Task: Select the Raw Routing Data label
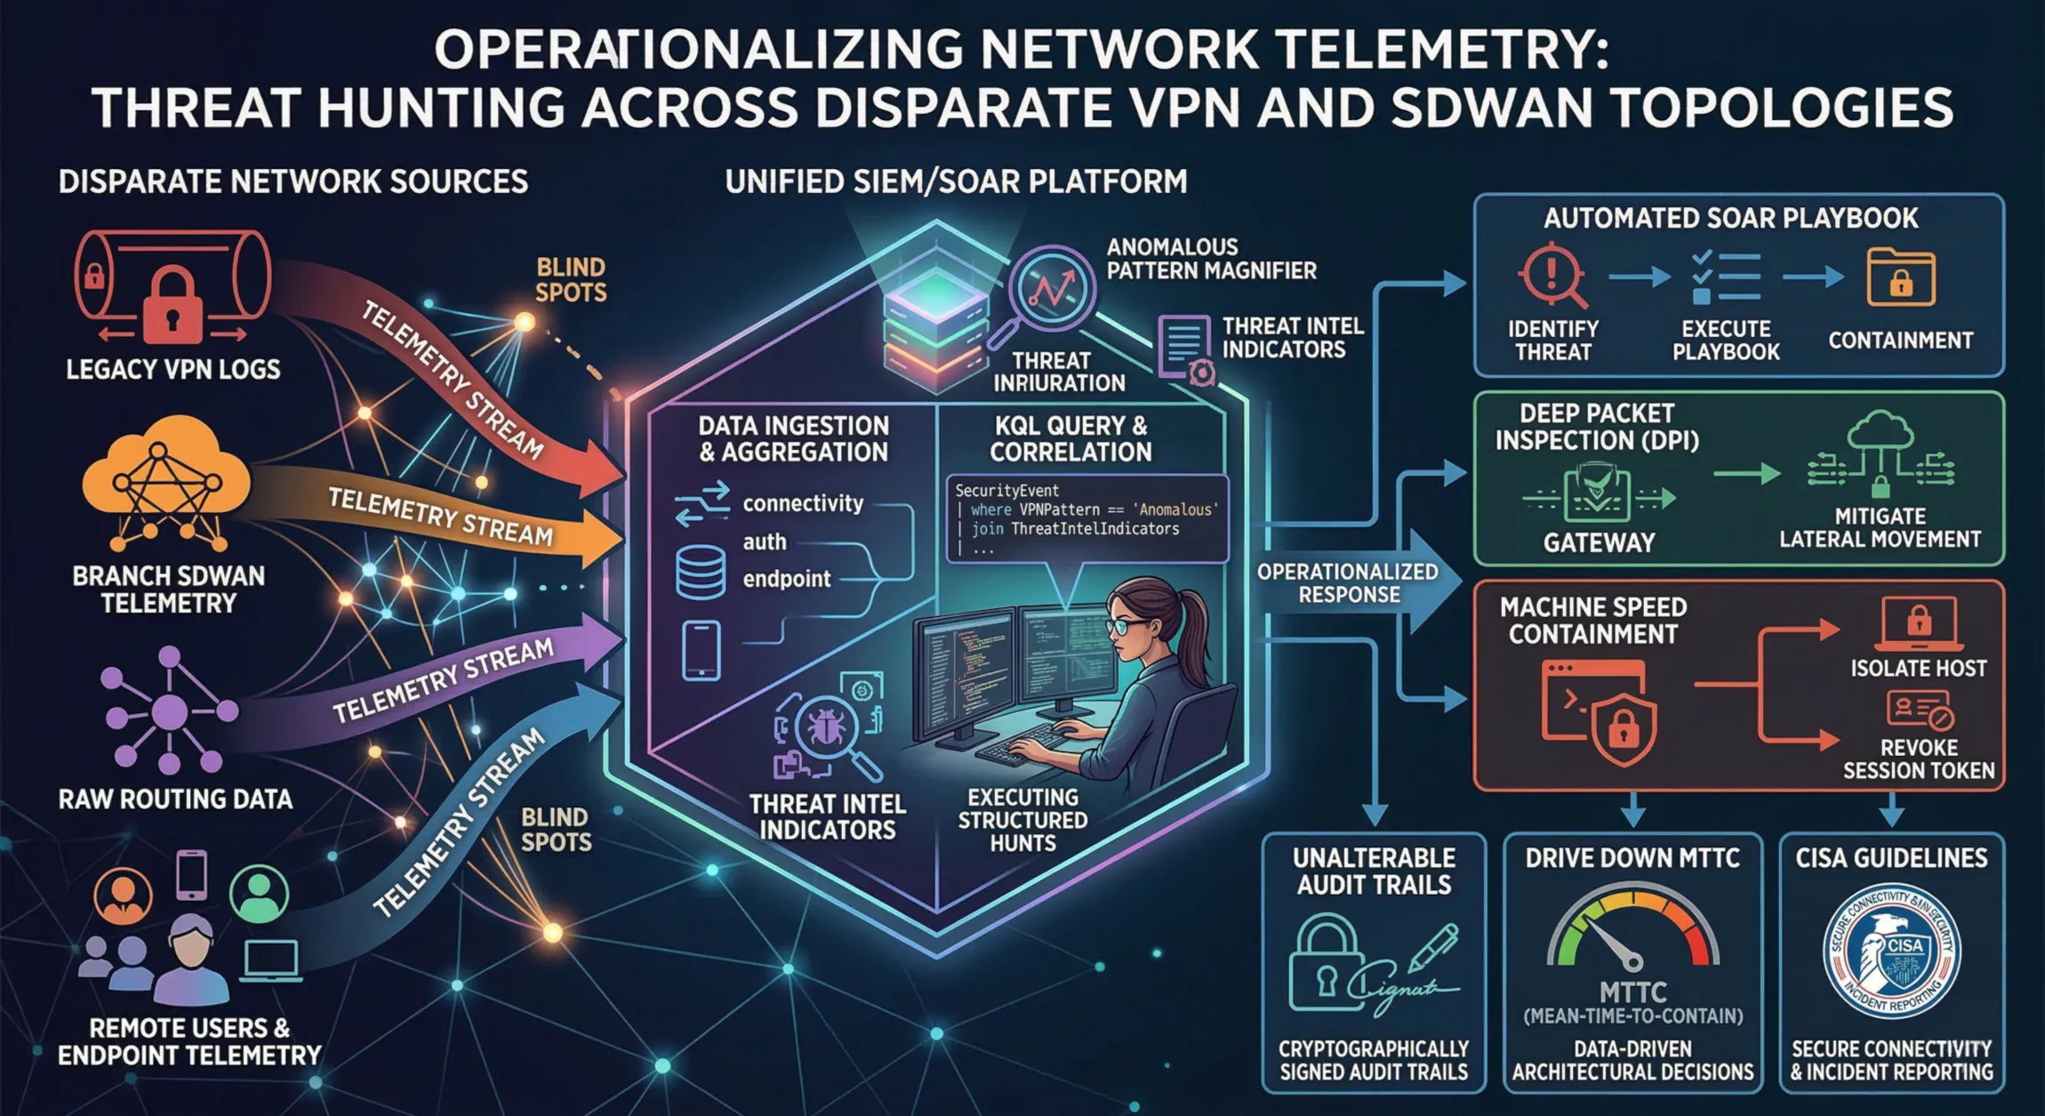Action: point(175,799)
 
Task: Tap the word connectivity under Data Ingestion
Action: point(803,503)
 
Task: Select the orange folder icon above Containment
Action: point(1901,277)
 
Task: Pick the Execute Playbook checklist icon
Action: point(1725,277)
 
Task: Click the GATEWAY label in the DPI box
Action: point(1599,542)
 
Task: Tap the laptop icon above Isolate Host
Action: point(1919,622)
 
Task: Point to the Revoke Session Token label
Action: point(1919,759)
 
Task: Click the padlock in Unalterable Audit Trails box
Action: point(1327,966)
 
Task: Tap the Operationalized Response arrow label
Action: point(1348,583)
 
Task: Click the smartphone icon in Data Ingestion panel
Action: point(701,651)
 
